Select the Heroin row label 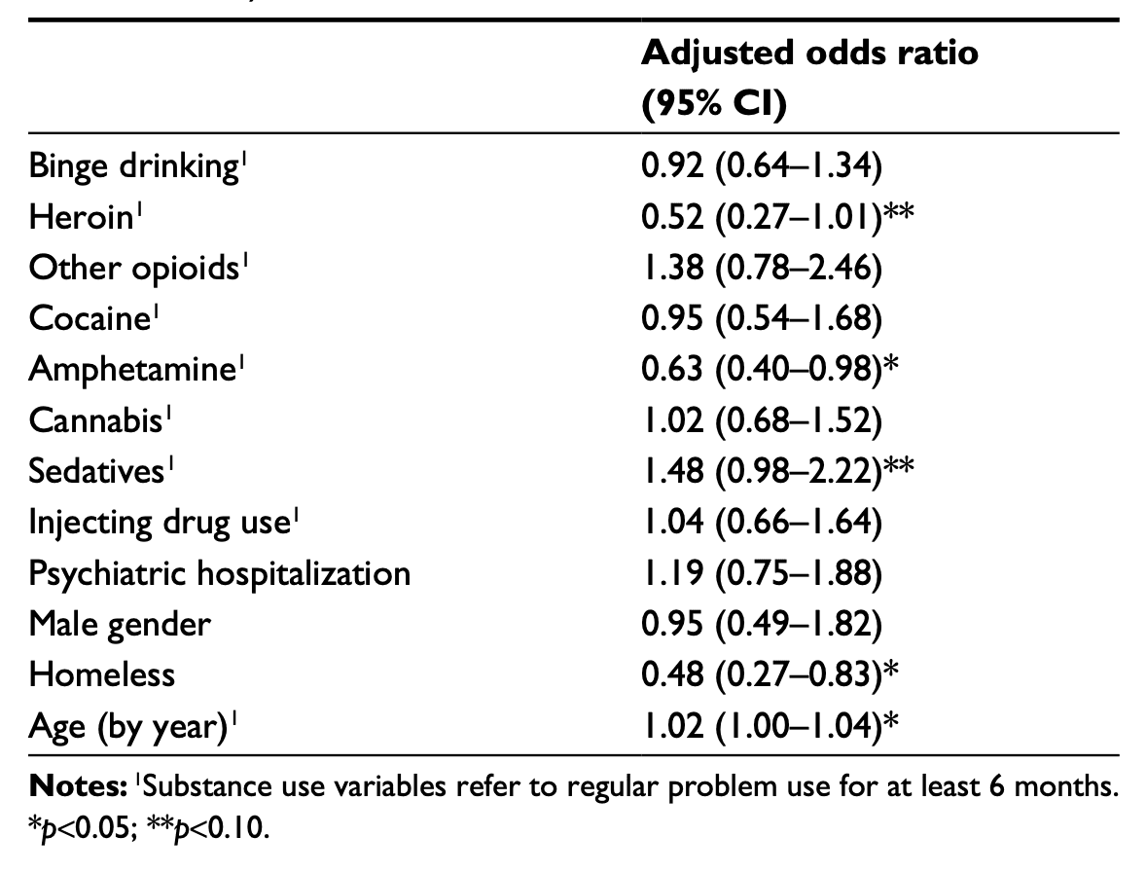coord(80,217)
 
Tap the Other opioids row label coord(133,268)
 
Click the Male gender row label coord(120,623)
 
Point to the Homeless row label coord(102,673)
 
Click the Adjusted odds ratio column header coord(809,78)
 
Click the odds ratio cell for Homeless coord(769,673)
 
